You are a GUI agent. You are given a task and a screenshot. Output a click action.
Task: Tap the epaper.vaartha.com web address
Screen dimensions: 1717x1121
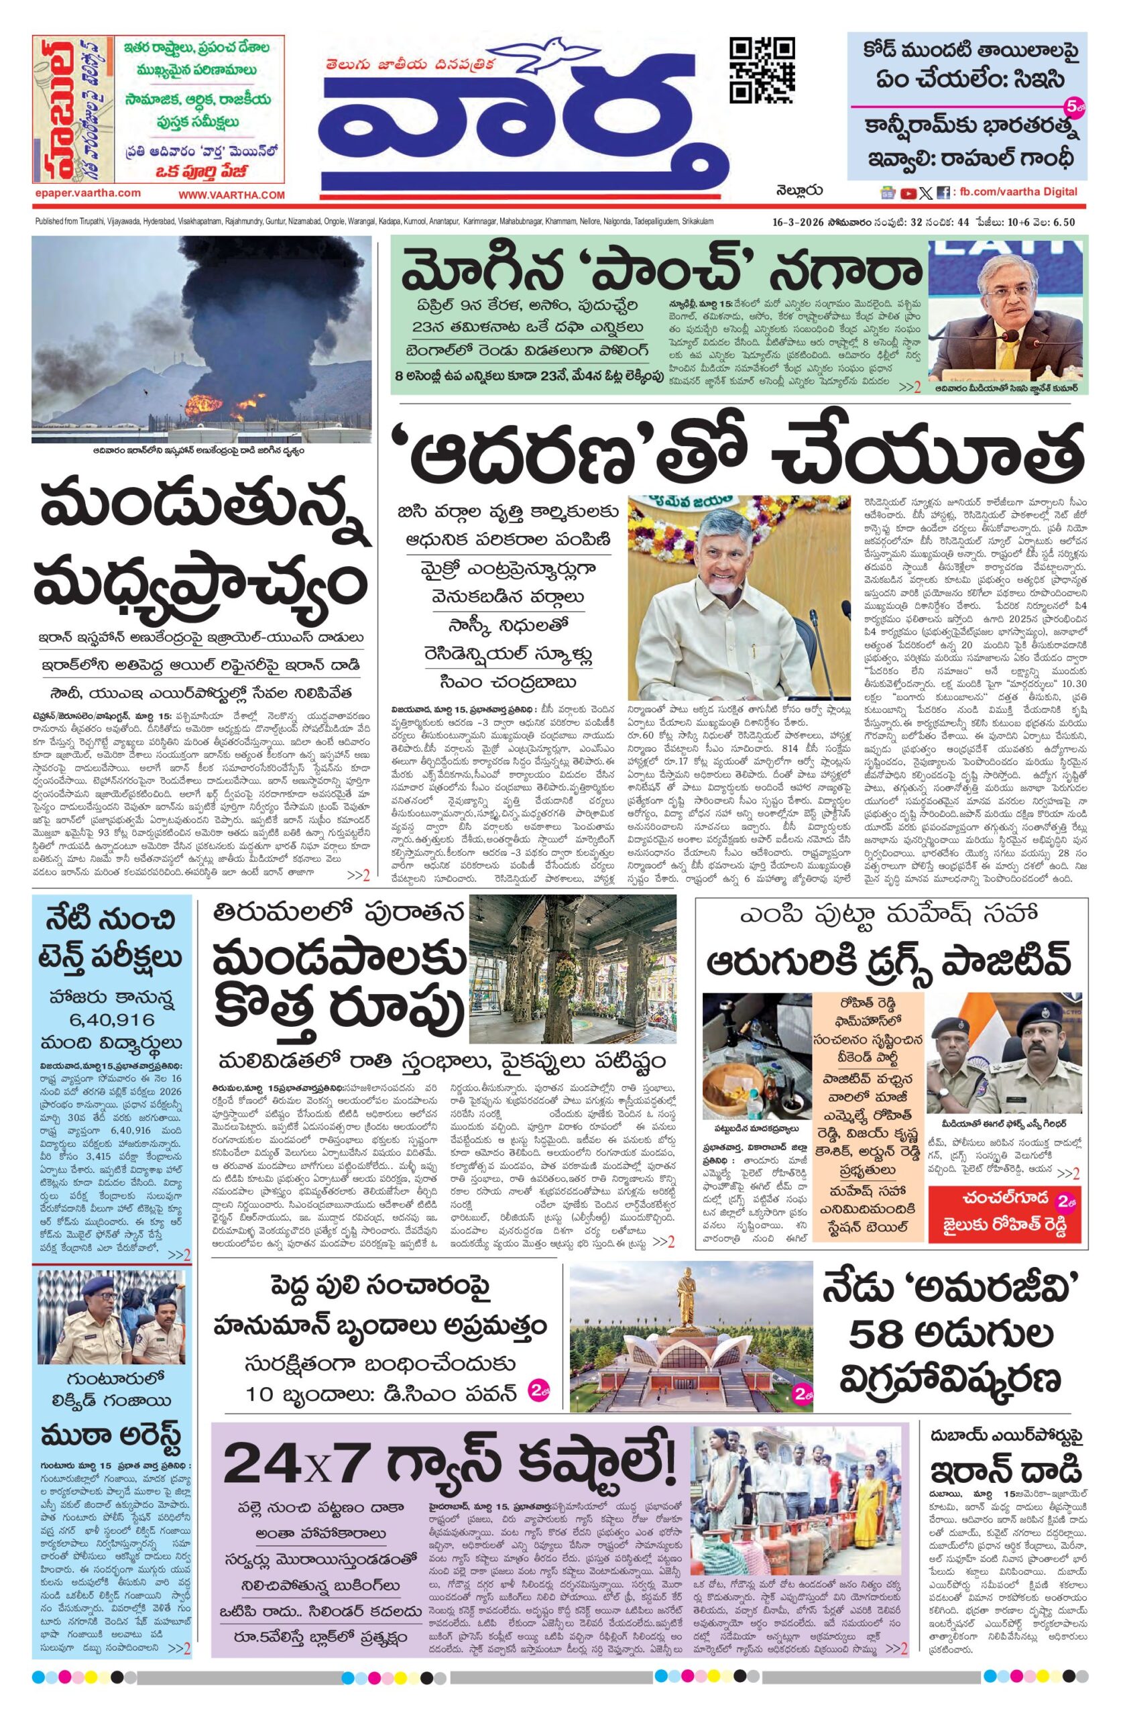(x=86, y=192)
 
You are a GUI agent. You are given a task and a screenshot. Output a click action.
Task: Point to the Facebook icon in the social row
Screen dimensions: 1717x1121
(x=942, y=192)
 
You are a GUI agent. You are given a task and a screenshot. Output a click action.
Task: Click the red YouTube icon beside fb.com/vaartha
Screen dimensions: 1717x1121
(x=908, y=192)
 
